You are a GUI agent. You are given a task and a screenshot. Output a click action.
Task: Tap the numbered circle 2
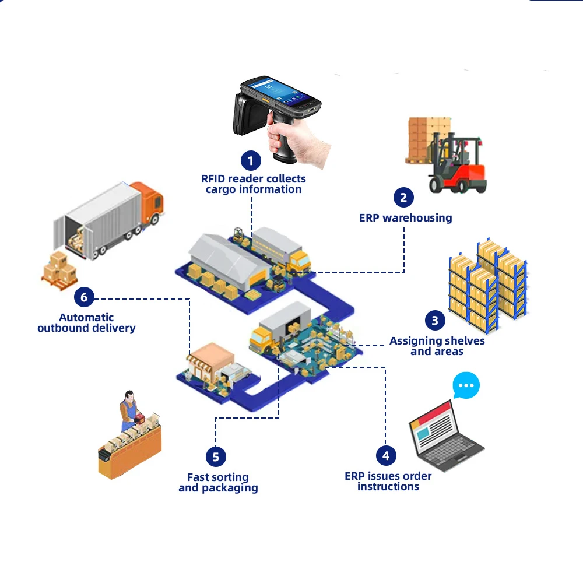pos(403,198)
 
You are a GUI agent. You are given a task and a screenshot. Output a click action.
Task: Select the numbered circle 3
pos(435,320)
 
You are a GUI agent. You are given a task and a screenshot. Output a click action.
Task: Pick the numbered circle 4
pos(385,455)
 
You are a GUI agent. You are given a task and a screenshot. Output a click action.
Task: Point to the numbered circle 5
pos(216,456)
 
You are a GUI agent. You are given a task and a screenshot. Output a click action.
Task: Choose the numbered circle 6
pos(84,298)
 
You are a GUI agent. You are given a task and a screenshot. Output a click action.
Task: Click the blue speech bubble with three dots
pos(466,385)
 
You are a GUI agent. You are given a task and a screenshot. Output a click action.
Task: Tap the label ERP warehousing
pos(406,218)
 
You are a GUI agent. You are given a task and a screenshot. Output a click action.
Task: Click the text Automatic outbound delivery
pos(86,323)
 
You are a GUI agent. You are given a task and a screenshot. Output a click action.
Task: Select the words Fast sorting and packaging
pos(218,483)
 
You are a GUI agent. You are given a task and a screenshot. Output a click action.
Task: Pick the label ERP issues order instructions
pos(388,482)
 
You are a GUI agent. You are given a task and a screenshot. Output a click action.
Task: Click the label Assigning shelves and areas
pos(437,346)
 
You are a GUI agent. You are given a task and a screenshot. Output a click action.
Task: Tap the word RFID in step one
pos(213,178)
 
